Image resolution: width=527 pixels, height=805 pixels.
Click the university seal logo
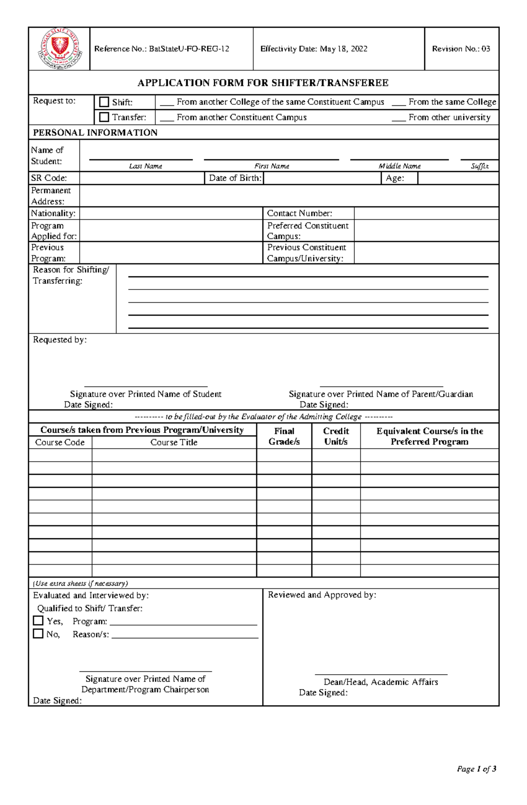[x=59, y=49]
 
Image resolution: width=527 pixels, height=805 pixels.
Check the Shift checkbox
[x=104, y=102]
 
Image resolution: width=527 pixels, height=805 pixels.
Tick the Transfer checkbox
[x=104, y=117]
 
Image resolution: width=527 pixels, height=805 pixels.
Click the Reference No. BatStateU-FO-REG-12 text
[x=162, y=49]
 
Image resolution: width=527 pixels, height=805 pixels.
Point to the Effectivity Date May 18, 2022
[x=314, y=49]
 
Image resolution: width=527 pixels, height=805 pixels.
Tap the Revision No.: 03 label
[x=461, y=49]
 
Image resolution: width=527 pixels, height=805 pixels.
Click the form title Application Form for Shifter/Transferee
[x=263, y=83]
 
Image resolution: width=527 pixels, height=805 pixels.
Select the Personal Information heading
[x=95, y=132]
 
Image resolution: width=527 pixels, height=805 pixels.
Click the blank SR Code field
[x=141, y=178]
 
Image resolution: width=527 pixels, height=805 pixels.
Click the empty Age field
[x=458, y=178]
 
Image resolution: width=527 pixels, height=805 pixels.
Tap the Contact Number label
[x=300, y=213]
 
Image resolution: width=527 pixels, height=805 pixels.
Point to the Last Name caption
[x=145, y=166]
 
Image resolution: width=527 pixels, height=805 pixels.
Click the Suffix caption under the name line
[x=480, y=166]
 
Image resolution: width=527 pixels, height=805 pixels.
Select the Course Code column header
[x=60, y=442]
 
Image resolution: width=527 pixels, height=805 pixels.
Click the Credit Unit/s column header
[x=336, y=436]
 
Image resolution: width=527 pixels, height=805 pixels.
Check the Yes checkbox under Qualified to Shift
[x=38, y=621]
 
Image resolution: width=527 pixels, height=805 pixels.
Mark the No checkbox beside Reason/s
[x=38, y=633]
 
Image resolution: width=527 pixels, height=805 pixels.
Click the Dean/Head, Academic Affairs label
[x=381, y=682]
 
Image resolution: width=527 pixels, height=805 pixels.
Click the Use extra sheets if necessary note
[x=80, y=583]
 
